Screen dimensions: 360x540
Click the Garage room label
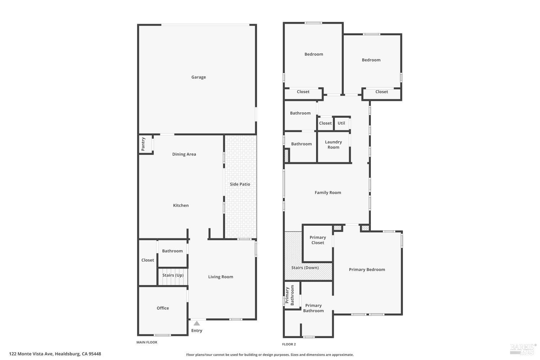(x=198, y=77)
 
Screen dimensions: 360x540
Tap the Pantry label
(x=143, y=144)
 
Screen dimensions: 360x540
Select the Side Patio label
(x=240, y=184)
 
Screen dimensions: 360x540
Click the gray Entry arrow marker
(x=197, y=323)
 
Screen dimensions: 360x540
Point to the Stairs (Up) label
(x=173, y=275)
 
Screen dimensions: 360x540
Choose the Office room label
(x=163, y=308)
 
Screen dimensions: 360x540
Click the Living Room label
(x=220, y=277)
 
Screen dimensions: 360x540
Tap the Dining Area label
(x=184, y=154)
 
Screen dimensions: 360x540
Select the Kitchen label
(x=181, y=206)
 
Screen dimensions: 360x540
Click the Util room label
(x=341, y=123)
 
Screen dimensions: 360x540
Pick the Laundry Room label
(x=333, y=145)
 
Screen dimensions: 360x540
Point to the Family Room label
(x=328, y=193)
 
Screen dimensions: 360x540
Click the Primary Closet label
(x=318, y=240)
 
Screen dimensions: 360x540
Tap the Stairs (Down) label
(x=305, y=268)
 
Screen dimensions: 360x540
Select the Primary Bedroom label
(x=367, y=270)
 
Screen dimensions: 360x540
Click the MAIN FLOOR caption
(x=147, y=342)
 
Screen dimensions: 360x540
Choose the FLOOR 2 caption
(x=289, y=345)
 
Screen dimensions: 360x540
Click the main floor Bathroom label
(x=172, y=251)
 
